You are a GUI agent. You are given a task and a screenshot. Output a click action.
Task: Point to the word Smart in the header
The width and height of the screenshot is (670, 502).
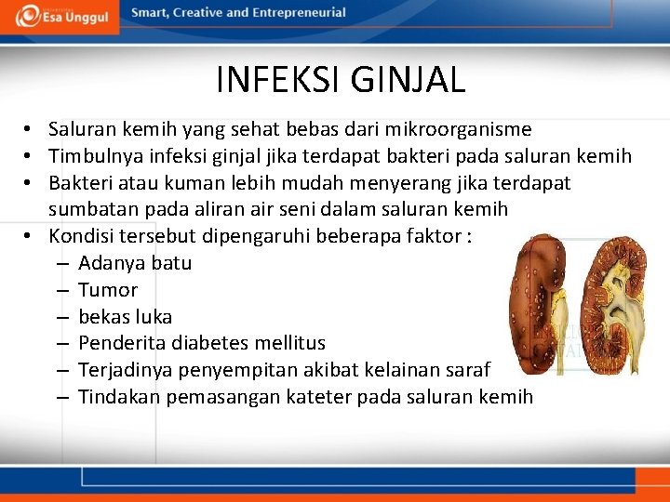click(x=150, y=13)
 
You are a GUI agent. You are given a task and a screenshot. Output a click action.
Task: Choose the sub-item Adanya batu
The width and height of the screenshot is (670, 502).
click(x=135, y=263)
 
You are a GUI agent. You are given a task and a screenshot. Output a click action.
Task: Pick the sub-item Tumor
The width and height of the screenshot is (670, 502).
click(x=108, y=290)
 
